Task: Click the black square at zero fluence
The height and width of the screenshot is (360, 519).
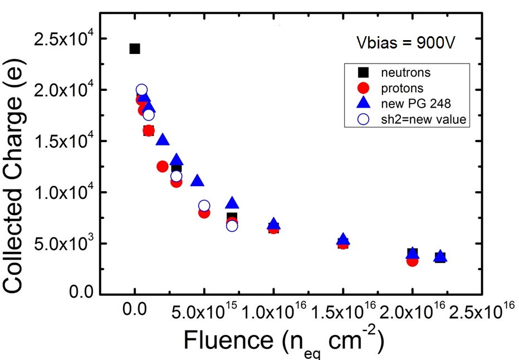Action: coord(135,48)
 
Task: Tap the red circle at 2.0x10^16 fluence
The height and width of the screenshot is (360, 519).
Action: coord(412,260)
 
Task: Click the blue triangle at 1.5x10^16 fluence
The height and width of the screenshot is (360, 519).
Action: coord(343,240)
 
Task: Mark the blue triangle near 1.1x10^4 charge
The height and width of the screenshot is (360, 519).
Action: coord(197,181)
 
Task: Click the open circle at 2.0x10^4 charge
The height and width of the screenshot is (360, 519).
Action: coord(141,90)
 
